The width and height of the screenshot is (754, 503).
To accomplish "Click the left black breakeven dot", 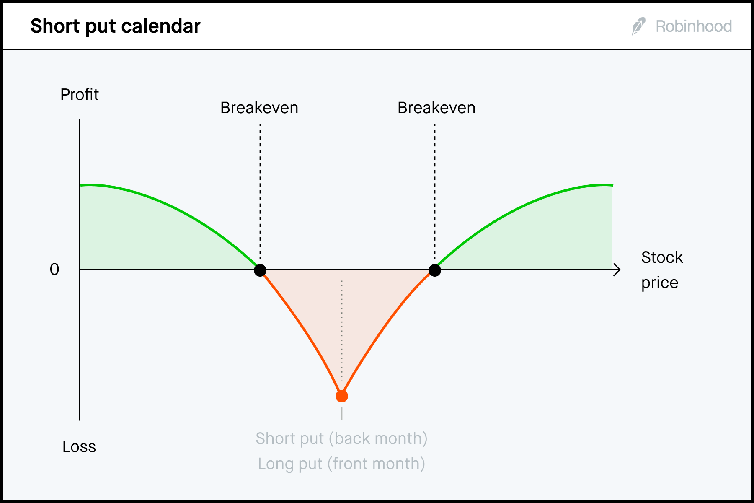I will [x=260, y=270].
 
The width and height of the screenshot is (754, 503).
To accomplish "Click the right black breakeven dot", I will [x=435, y=270].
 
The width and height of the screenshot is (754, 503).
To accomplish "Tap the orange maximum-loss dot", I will [x=342, y=396].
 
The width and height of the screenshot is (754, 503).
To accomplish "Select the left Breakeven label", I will [x=259, y=108].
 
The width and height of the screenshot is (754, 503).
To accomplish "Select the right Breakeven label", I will [x=436, y=108].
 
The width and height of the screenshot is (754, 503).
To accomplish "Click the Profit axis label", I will [x=79, y=95].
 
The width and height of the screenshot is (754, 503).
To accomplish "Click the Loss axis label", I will [x=79, y=447].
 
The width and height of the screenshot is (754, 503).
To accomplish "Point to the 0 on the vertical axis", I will [x=54, y=270].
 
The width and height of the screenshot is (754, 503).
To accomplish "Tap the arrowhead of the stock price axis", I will [x=617, y=270].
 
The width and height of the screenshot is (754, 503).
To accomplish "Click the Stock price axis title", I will [x=661, y=270].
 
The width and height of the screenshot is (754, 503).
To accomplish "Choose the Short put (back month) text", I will [x=341, y=439].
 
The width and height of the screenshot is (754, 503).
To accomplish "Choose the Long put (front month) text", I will [x=341, y=464].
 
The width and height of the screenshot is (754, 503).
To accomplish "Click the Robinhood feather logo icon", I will [x=638, y=26].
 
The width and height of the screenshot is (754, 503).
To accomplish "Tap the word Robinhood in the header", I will [x=694, y=26].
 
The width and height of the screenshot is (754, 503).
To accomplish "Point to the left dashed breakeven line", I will [x=260, y=193].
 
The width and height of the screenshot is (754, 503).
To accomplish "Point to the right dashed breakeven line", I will [x=435, y=193].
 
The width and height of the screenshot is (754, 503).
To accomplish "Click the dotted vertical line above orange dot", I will [x=342, y=327].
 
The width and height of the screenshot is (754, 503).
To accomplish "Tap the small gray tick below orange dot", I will [x=342, y=414].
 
